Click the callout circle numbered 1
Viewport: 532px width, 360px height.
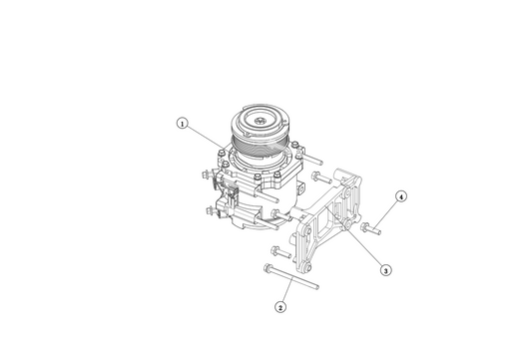point(182,124)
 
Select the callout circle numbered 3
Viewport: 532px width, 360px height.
point(386,268)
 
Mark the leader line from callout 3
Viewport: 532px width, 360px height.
point(366,250)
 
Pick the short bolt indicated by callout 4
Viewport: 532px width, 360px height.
point(372,228)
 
